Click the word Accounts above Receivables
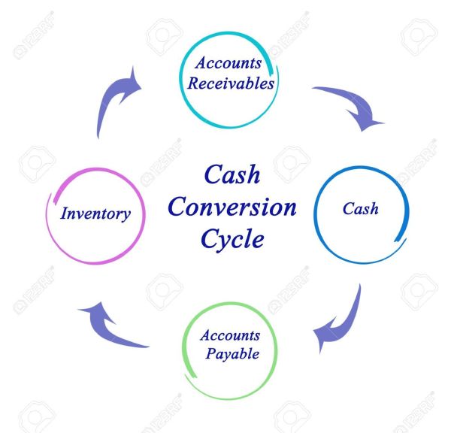coord(228,62)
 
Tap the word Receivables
coord(231,83)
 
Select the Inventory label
coord(95,214)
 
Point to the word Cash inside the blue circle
coord(360,208)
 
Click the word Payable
coord(232,354)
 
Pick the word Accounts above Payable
coord(230,335)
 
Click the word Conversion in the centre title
coord(232,207)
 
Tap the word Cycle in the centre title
coord(232,239)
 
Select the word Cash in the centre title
coord(232,174)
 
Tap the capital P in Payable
coord(210,353)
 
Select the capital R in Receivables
coord(194,83)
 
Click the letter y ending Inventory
coord(126,216)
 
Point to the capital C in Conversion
coord(177,207)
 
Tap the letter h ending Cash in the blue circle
coord(374,208)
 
